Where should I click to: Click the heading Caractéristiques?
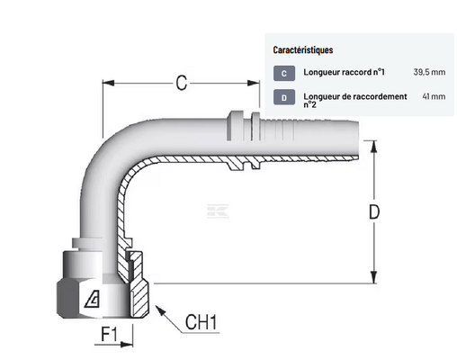coord(303,49)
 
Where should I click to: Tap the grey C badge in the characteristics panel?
coord(284,73)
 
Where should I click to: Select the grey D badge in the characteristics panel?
coord(284,97)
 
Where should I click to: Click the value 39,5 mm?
coord(429,72)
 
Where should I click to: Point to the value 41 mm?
coord(434,96)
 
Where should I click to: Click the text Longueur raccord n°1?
coord(344,72)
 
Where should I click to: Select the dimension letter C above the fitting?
coord(182,83)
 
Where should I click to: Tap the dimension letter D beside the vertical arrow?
coord(374,211)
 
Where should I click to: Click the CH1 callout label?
coord(201,322)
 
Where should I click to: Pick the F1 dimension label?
coord(109,335)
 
